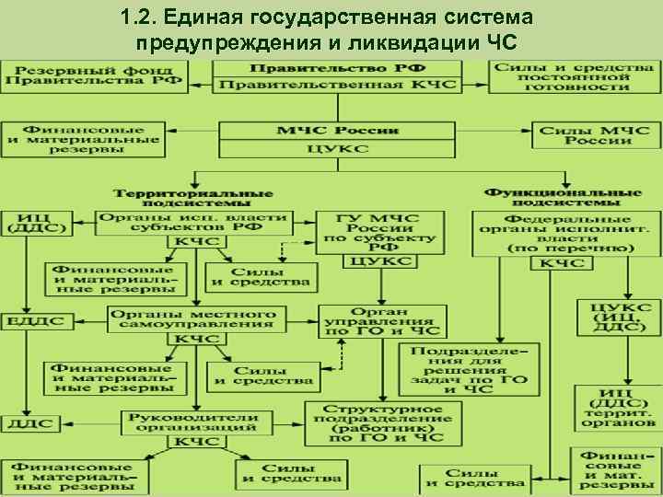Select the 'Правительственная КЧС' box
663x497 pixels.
pos(335,85)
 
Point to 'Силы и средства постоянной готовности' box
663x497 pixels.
pos(573,76)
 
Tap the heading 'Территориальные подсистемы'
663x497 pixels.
pos(192,198)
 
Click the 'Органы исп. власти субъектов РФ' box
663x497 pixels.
pos(192,223)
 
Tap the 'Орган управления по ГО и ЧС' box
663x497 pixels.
pos(380,322)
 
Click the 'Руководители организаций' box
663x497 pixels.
pos(192,422)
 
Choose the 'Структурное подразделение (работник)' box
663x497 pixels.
pos(380,423)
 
